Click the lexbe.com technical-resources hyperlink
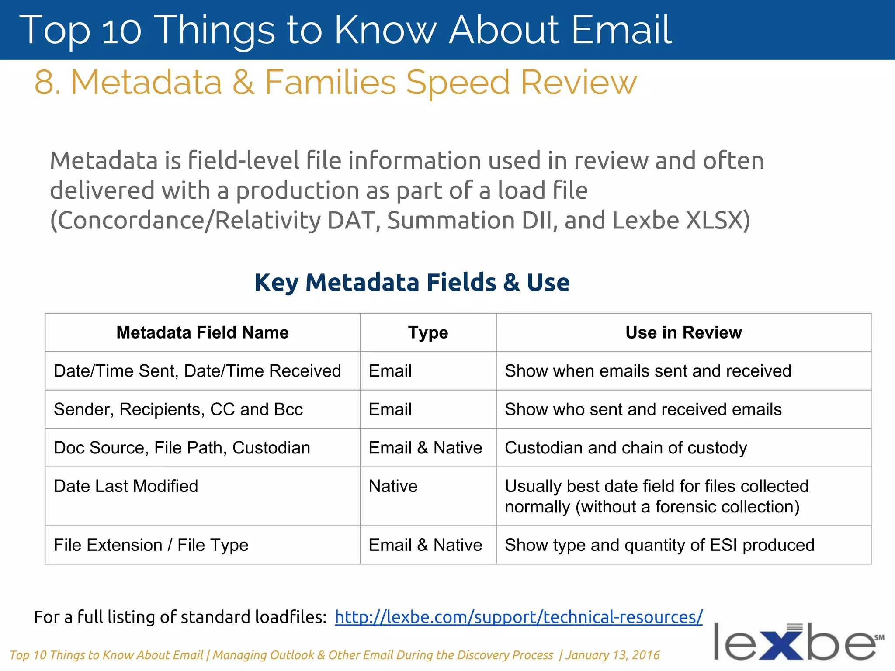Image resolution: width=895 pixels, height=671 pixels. pos(518,617)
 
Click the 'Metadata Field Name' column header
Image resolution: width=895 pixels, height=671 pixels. pos(202,332)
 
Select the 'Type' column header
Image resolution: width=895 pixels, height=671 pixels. pos(428,332)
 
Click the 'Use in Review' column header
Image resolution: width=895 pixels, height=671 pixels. pos(683,332)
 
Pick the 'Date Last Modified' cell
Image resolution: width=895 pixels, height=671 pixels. pos(126,486)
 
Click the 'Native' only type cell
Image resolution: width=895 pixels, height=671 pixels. pos(393,486)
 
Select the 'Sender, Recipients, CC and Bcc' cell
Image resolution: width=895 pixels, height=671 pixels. pos(178,409)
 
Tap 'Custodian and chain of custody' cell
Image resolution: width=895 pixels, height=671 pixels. pos(626,448)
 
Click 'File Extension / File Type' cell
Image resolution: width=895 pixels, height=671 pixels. pos(151,545)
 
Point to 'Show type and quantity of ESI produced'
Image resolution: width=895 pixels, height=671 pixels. pos(659,545)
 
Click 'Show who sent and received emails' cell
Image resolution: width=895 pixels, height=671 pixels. pos(643,409)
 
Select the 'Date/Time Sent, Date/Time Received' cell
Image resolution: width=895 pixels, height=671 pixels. pos(197,371)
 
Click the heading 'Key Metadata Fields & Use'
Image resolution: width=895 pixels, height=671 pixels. pos(412,282)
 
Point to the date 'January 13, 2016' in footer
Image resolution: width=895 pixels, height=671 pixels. pos(612,655)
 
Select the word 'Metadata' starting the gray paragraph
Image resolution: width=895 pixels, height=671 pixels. pos(103,161)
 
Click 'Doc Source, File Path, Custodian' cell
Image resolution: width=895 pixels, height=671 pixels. pos(182,448)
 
